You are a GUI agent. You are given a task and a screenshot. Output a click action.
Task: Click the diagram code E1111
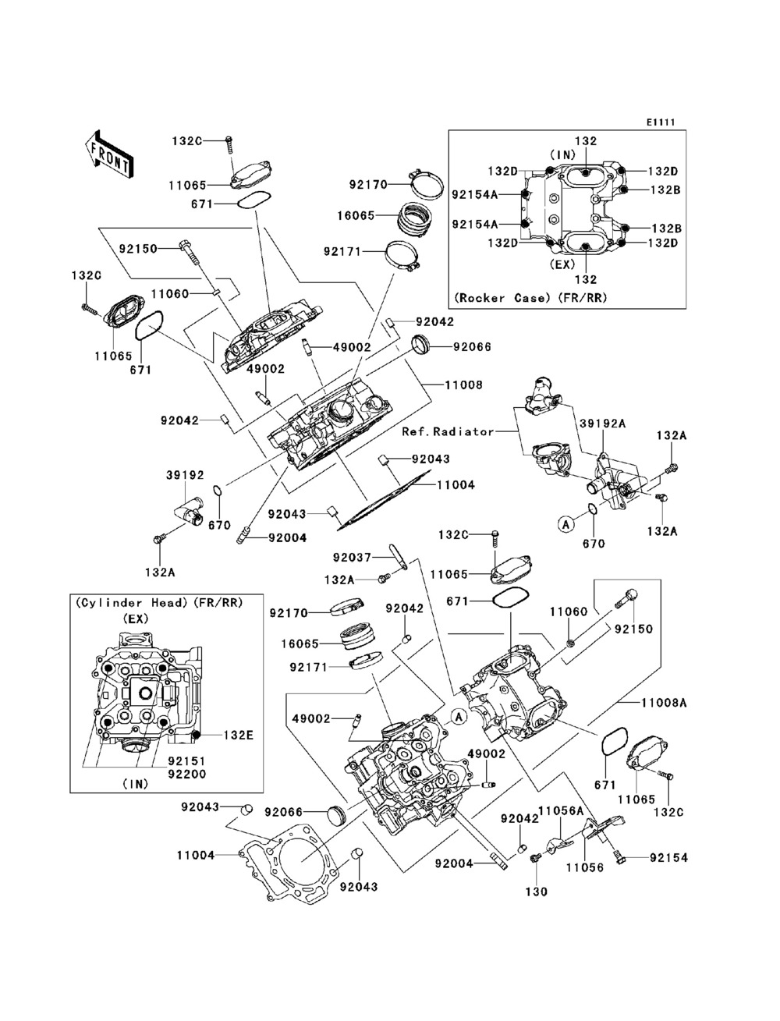coord(659,122)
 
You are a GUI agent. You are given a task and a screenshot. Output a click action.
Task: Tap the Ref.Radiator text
coord(448,431)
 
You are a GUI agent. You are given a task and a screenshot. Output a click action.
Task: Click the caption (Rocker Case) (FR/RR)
coord(530,298)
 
